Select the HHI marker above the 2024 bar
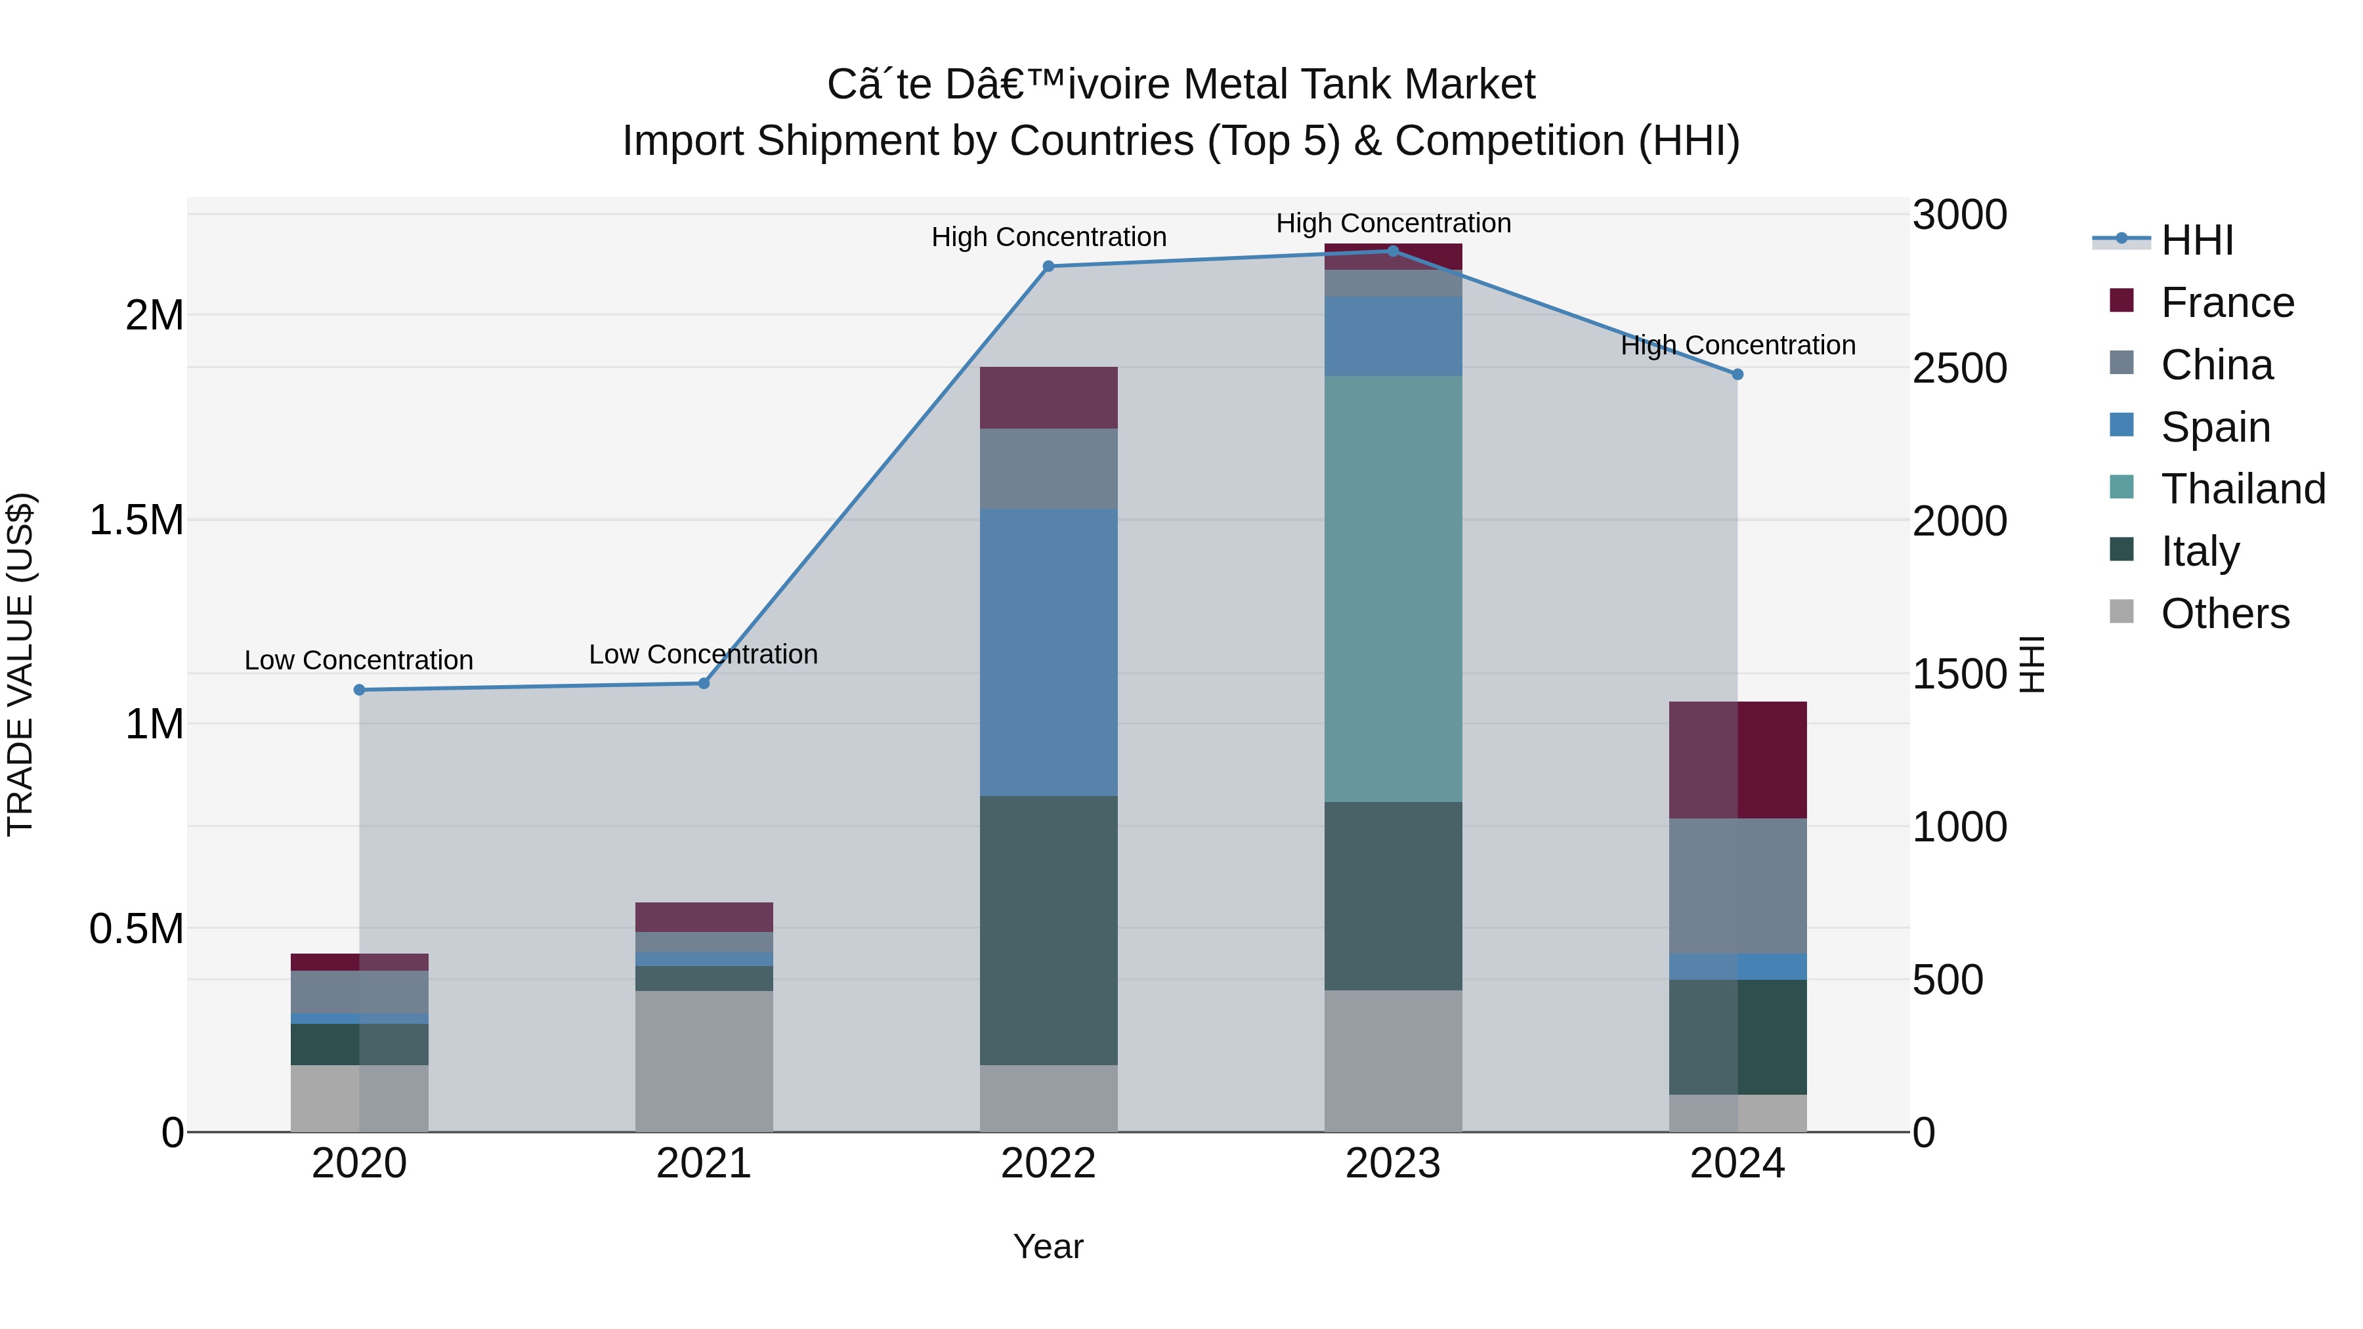coord(1737,374)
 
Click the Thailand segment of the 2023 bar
coord(1394,589)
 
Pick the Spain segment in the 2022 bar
coord(1048,652)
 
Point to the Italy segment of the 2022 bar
coord(1048,930)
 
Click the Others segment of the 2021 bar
coord(704,1061)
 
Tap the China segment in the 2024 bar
coord(1737,886)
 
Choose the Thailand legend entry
coord(2243,489)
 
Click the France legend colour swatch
coord(2121,301)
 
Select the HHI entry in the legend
coord(2197,240)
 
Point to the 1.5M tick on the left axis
coord(137,520)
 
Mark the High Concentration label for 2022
coord(1048,238)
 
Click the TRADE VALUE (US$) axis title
coord(20,664)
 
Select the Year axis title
coord(1048,1246)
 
